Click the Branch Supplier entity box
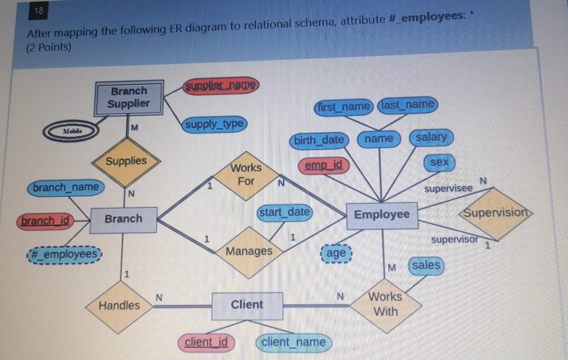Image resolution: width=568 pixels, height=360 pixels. [129, 98]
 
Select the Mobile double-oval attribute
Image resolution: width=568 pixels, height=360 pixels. [71, 132]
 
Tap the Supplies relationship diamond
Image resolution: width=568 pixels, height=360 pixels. [126, 161]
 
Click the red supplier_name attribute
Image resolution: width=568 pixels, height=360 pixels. [220, 85]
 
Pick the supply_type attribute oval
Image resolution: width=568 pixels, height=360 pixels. [214, 125]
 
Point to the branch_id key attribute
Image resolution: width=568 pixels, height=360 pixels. [45, 221]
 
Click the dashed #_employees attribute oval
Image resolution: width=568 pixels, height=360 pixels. [64, 254]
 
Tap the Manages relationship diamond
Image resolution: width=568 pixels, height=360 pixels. [249, 252]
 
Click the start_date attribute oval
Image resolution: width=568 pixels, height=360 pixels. [285, 213]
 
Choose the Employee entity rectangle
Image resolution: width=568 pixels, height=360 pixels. [382, 215]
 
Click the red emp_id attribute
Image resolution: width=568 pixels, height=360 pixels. [324, 166]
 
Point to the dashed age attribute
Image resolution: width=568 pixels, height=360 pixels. [336, 253]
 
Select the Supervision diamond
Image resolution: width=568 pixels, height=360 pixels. [495, 213]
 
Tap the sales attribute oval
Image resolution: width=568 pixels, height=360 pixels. [426, 266]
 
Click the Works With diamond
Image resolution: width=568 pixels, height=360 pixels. [385, 305]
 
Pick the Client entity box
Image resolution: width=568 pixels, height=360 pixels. [247, 305]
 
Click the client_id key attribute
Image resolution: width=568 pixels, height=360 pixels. [206, 343]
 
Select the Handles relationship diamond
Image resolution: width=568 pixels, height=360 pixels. [119, 306]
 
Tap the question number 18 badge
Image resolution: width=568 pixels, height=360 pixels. [39, 11]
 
